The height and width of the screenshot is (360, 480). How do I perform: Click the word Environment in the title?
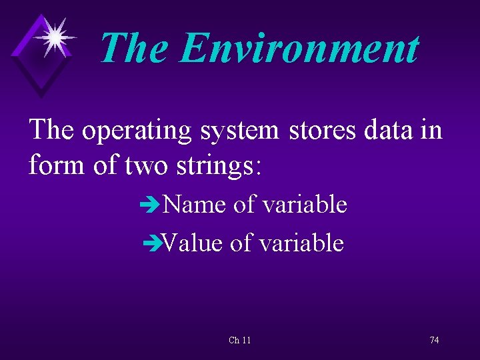pos(299,48)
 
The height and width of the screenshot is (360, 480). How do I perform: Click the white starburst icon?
pos(55,37)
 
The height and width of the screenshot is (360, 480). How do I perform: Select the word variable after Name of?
pos(304,205)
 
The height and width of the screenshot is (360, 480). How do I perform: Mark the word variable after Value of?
pos(301,243)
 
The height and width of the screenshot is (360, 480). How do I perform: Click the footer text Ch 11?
pos(240,341)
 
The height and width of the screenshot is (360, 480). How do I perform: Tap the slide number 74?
pos(434,341)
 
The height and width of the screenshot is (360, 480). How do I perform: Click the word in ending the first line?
pos(430,129)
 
